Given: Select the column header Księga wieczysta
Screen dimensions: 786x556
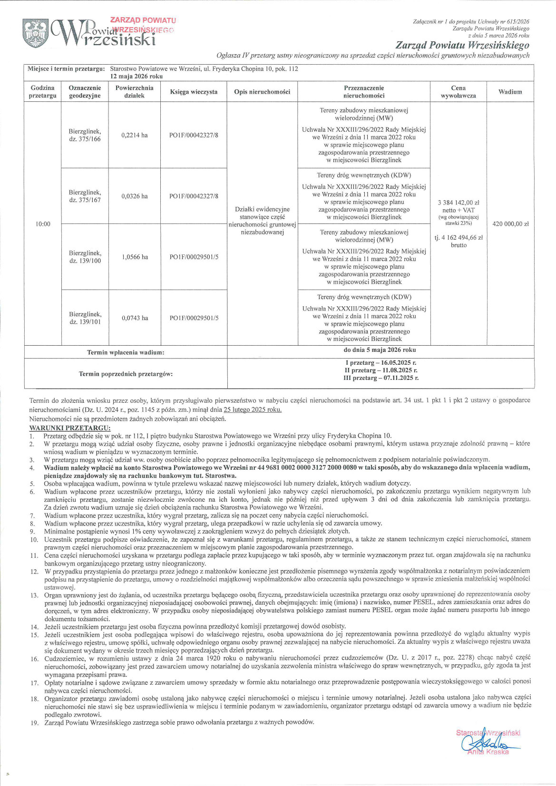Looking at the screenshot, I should click(194, 92).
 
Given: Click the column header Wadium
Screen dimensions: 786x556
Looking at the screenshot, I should click(510, 92).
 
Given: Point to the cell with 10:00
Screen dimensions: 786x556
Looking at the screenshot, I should click(43, 224).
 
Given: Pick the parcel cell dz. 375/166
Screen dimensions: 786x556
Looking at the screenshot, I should click(85, 135).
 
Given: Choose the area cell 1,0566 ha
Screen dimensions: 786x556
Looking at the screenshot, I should click(135, 257).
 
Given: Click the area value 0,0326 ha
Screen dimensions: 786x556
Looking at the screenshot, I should click(135, 196).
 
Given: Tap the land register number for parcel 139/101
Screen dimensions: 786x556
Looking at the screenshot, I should click(194, 318).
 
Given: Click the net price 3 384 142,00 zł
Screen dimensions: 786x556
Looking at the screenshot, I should click(458, 203).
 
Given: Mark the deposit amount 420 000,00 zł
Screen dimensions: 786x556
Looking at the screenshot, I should click(510, 224).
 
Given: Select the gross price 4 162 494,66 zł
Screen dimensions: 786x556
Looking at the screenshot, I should click(458, 238).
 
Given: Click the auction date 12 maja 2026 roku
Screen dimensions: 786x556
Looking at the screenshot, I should click(137, 76).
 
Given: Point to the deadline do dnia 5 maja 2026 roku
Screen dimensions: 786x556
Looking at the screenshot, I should click(380, 350).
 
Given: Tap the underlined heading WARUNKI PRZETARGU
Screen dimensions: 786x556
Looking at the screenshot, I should click(69, 428).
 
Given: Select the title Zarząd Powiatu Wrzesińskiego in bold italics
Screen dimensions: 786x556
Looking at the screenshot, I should click(478, 46).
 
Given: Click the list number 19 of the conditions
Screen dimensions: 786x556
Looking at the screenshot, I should click(34, 722).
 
